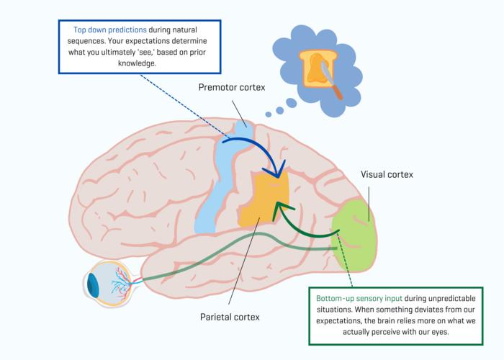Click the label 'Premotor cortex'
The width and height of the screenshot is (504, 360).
[x=233, y=87]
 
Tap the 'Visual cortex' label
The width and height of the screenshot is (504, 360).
[x=387, y=174]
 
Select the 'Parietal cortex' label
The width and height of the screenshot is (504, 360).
[x=230, y=316]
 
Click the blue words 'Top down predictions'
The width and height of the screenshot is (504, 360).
[x=110, y=31]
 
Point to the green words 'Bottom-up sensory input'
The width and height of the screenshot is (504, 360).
[x=359, y=297]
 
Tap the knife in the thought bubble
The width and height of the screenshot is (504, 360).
[x=332, y=83]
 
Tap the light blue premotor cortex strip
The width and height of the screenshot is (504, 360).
[x=220, y=180]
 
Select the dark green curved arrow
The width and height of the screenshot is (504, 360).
[x=302, y=223]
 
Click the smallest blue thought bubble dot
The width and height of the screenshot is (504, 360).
[x=268, y=113]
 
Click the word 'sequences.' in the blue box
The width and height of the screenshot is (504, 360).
[x=94, y=42]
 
